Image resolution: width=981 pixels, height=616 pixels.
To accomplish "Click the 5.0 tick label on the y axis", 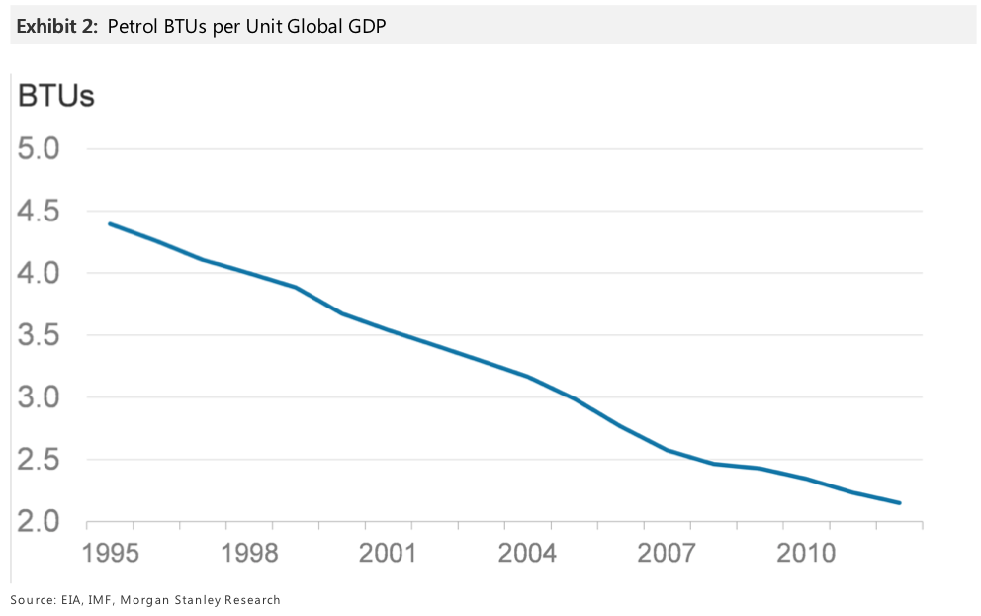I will tap(40, 149).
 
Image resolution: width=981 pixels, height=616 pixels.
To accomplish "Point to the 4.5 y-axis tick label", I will tap(40, 212).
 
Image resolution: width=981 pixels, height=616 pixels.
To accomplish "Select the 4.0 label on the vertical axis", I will tap(40, 273).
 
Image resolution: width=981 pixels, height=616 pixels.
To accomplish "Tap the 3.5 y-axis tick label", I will tap(40, 335).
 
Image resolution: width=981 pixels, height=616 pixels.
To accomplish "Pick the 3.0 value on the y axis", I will tap(40, 397).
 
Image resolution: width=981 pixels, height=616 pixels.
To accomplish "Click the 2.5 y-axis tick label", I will tap(40, 460).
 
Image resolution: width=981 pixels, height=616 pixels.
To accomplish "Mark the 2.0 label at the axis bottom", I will tap(40, 521).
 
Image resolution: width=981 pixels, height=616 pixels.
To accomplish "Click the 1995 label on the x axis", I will tap(111, 552).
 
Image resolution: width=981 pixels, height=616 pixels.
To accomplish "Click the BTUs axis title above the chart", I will tap(55, 96).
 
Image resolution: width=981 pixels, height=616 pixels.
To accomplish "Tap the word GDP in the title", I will tap(366, 27).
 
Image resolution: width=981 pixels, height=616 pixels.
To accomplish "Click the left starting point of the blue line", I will tap(110, 223).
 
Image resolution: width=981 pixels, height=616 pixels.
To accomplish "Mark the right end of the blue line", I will tap(899, 503).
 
